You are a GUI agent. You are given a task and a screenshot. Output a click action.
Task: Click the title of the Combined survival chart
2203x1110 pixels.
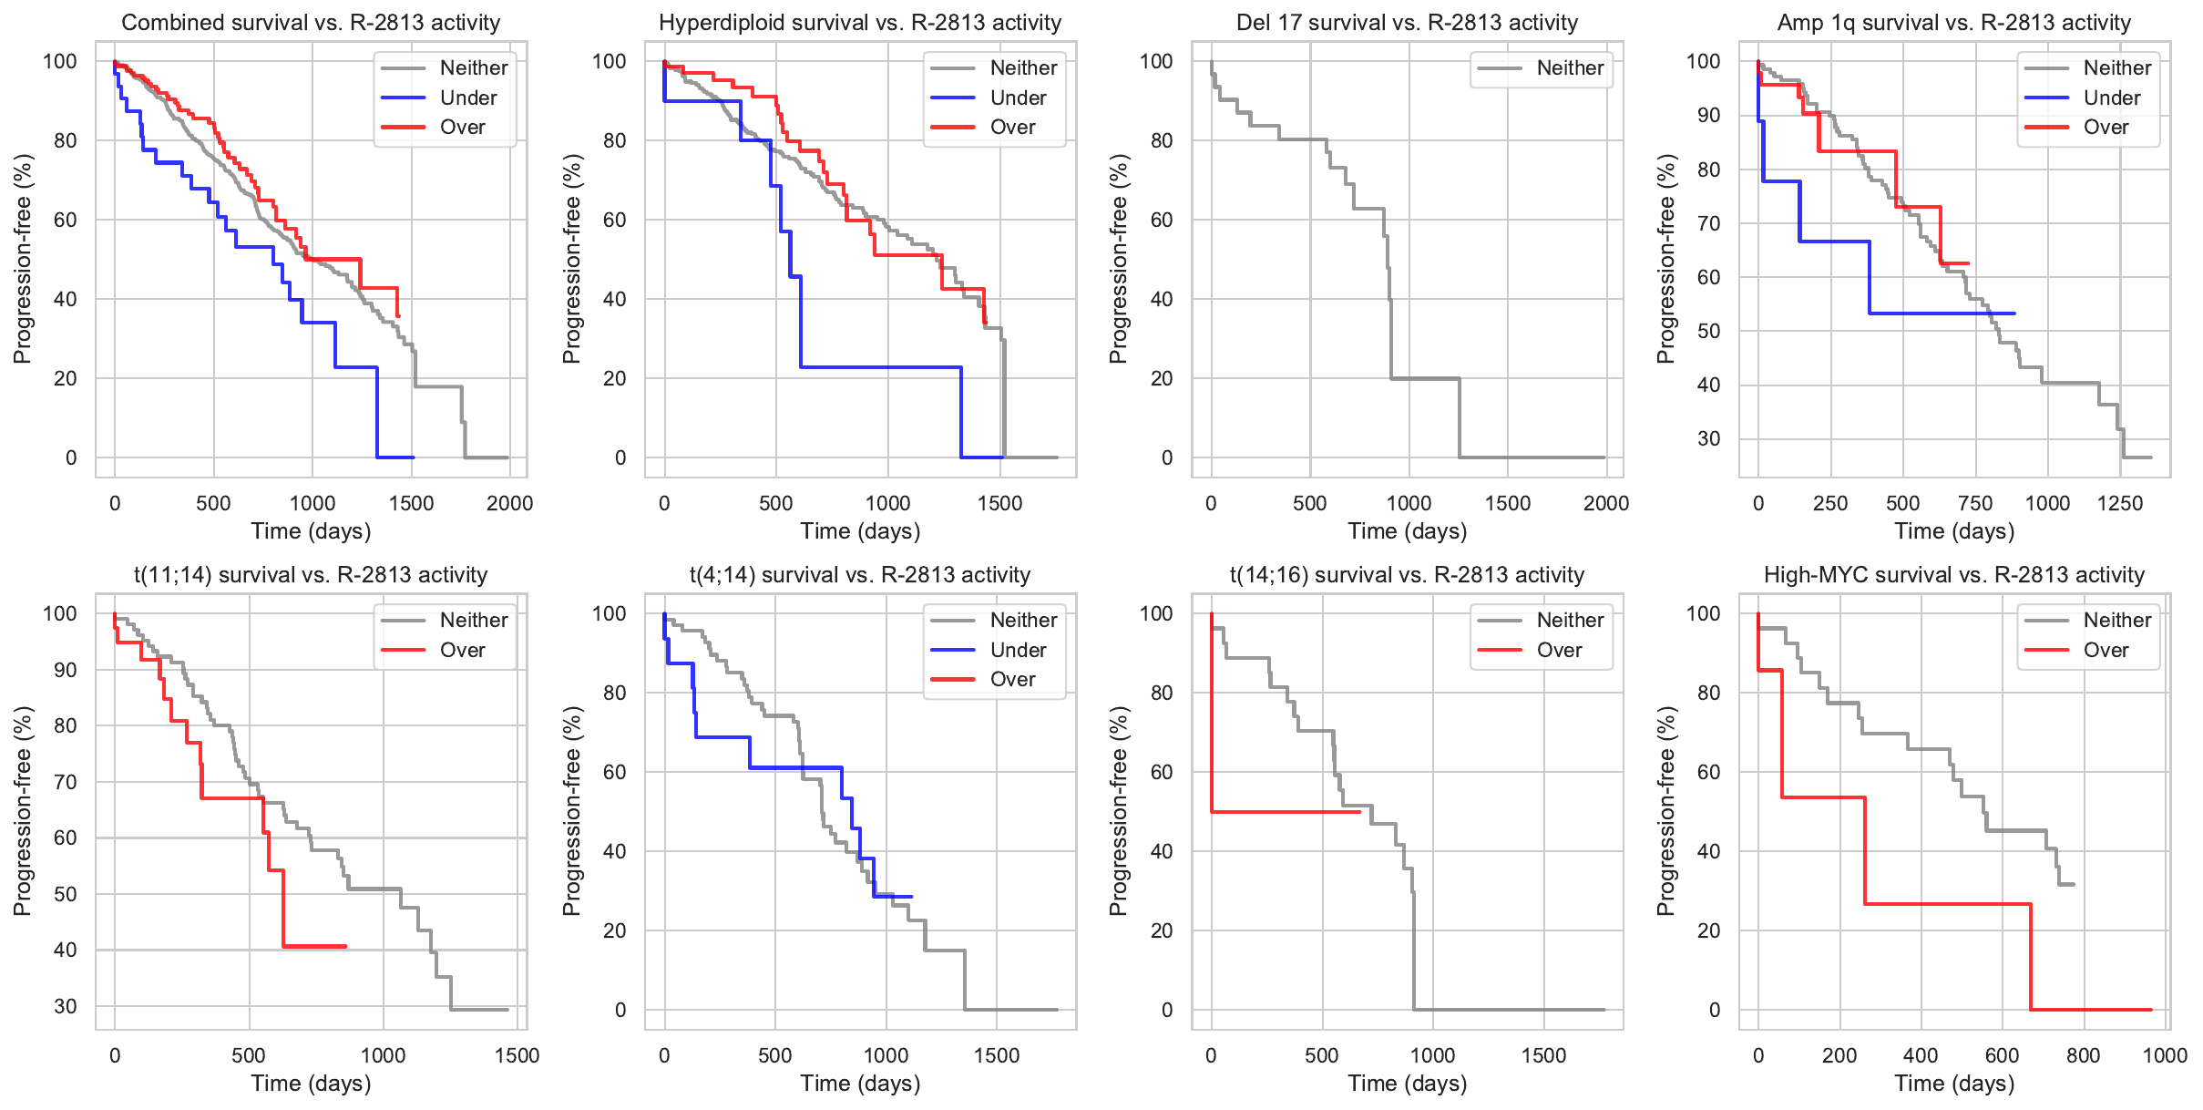pos(311,23)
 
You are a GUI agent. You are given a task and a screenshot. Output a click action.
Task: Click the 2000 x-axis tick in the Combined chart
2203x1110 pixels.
pos(509,503)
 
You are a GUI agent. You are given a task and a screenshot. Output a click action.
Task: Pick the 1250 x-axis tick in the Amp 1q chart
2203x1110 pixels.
pos(2120,503)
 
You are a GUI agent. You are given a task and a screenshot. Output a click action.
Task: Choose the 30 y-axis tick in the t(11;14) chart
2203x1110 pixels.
pos(66,1006)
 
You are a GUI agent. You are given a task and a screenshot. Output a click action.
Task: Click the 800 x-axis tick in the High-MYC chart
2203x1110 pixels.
pos(2083,1055)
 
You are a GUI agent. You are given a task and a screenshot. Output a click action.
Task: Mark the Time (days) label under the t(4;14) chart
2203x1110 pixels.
pos(860,1084)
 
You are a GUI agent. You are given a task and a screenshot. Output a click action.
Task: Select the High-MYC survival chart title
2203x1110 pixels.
pos(1953,575)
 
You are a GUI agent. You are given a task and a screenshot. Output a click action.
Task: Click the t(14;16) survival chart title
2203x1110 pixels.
pos(1407,575)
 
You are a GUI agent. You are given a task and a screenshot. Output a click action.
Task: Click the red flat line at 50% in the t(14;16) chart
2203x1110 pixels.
pos(1285,811)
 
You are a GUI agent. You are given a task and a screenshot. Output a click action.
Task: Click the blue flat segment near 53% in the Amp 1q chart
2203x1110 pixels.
pos(1941,313)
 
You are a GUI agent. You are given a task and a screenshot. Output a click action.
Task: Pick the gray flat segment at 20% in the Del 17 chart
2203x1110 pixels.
pos(1425,378)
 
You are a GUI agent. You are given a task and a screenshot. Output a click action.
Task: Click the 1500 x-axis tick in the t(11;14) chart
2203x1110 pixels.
pos(517,1055)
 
